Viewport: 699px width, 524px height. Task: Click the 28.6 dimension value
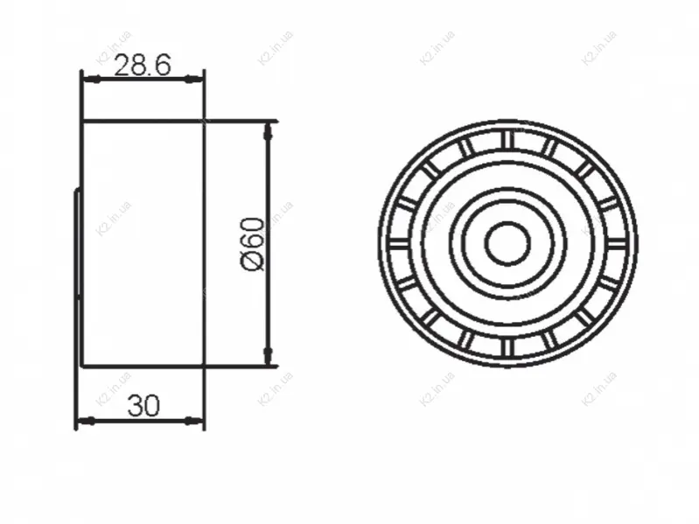pyautogui.click(x=143, y=66)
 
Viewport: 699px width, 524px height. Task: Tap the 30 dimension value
pyautogui.click(x=143, y=406)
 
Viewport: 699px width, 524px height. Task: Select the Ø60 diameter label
pyautogui.click(x=253, y=244)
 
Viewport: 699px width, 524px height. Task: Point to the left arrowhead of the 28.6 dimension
pyautogui.click(x=90, y=80)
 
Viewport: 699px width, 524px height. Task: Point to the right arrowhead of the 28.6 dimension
pyautogui.click(x=195, y=80)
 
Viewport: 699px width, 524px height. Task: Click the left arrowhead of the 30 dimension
pyautogui.click(x=86, y=420)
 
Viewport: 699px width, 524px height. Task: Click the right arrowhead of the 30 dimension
pyautogui.click(x=195, y=420)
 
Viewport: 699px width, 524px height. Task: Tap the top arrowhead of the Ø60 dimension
pyautogui.click(x=268, y=130)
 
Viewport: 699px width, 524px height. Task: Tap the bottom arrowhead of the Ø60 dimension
pyautogui.click(x=268, y=356)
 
